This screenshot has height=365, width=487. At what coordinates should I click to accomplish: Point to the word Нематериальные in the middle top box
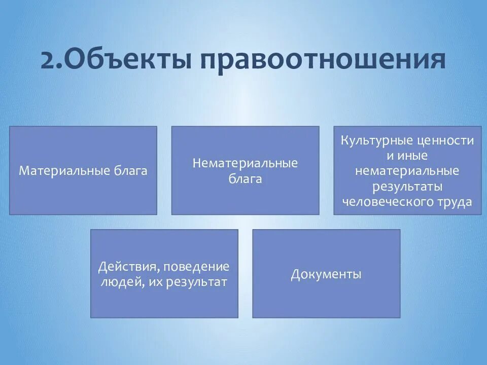point(245,163)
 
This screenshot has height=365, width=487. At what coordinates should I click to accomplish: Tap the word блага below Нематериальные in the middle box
point(245,179)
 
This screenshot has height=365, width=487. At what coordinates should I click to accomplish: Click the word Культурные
point(376,140)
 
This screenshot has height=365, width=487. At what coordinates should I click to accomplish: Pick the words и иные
point(407,156)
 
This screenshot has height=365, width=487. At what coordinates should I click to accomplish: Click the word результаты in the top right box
point(407,187)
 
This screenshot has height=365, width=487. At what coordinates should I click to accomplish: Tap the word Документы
point(326,275)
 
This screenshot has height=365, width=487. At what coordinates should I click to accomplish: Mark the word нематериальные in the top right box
point(407,171)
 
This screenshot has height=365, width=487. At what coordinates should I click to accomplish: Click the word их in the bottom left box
point(155,282)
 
